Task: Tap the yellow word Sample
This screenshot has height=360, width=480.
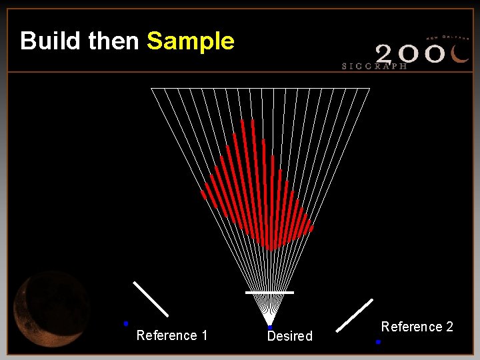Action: pos(191,41)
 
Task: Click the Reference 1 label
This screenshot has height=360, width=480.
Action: pos(171,335)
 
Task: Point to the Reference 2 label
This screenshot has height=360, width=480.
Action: pos(417,327)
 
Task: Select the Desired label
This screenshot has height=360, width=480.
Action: pos(290,336)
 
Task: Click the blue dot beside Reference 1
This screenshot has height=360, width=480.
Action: pos(125,323)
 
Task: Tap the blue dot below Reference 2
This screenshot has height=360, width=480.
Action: pos(378,341)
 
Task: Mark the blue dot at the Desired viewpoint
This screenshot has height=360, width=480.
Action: pos(269,327)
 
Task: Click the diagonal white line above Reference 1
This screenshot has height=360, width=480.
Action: pos(151,299)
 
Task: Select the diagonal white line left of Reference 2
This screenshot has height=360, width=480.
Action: pos(354,315)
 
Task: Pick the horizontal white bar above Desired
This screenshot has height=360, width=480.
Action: pos(269,292)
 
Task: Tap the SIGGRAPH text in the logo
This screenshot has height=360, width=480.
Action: pos(374,67)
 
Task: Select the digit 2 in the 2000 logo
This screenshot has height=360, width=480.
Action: pos(388,53)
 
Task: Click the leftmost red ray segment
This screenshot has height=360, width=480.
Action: pos(203,195)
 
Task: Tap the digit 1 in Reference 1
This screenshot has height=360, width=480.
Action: pos(204,335)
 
